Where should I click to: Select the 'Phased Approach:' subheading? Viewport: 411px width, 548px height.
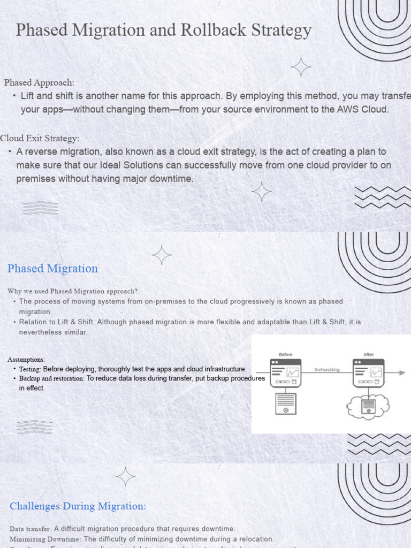pos(39,82)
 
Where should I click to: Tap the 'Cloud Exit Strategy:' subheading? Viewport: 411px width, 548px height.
pos(40,138)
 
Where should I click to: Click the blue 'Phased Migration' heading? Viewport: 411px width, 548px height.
pos(52,269)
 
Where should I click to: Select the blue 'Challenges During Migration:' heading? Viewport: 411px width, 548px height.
pos(78,506)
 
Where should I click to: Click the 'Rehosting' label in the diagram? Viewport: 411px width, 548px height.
pos(326,370)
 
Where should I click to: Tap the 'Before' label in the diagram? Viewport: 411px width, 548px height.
pos(286,354)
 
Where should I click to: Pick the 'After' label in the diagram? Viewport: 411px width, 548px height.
pos(368,354)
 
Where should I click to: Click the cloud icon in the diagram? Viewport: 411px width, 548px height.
pos(368,407)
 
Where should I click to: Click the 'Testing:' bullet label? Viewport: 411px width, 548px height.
pos(30,369)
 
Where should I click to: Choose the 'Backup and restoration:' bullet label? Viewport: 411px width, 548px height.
pos(52,378)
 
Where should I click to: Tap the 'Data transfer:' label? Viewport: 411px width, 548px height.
pos(31,529)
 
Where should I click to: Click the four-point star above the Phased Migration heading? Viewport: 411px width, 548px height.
pos(162,255)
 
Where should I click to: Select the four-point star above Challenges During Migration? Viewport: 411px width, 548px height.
pos(126,476)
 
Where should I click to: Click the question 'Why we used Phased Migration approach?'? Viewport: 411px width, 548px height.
pos(72,291)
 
